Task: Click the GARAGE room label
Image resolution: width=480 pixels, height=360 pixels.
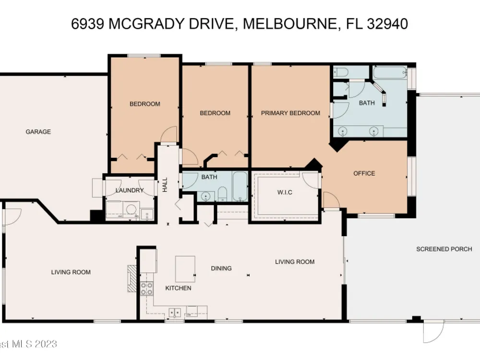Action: coord(38,132)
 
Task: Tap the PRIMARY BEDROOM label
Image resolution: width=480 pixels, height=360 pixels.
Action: coord(290,113)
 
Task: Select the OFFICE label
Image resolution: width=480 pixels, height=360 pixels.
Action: coord(364,173)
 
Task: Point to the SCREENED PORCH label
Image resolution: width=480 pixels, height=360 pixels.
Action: coord(444,249)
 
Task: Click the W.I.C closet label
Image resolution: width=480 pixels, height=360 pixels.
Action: coord(285,192)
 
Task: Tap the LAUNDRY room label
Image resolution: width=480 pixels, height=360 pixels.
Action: coord(130,191)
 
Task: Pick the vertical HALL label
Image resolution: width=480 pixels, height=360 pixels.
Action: coord(165,185)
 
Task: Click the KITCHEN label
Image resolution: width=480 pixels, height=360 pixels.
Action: coord(178,288)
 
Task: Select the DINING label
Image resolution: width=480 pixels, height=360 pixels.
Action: coord(221,268)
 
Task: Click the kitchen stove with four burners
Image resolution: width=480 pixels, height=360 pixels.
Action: coord(146,288)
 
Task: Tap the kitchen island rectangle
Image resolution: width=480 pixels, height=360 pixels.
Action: coord(185,269)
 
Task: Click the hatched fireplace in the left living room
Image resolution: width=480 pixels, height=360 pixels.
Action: coord(132,278)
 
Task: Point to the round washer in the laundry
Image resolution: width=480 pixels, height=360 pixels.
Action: coord(132,209)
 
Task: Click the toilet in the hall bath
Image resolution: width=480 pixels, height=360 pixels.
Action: coord(222,194)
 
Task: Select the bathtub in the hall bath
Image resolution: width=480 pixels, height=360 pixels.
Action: coord(240,186)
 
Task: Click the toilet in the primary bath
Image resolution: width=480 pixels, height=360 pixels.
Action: coord(341,72)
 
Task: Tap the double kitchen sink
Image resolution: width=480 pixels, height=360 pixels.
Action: coord(175,313)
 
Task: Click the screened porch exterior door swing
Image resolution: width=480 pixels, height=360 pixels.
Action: coord(434,332)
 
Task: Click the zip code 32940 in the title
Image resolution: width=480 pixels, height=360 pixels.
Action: coord(387,24)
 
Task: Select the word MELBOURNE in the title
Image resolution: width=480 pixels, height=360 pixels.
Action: coord(290,24)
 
